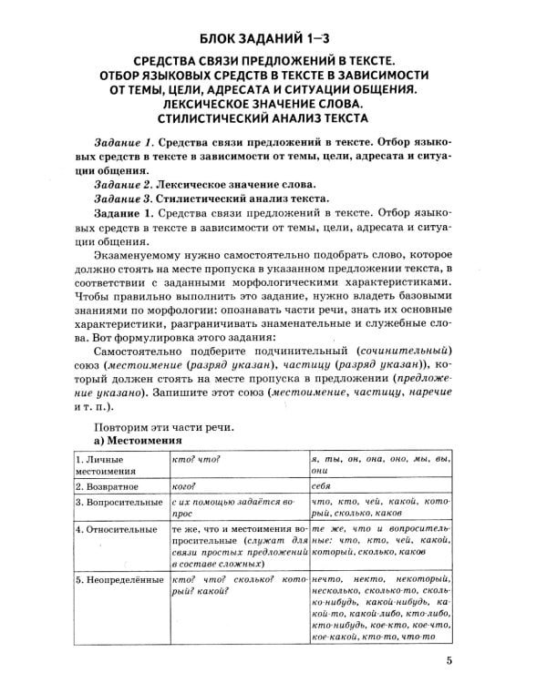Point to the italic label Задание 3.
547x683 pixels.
point(125,198)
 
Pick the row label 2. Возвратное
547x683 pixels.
point(107,487)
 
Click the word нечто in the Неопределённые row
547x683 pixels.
point(328,580)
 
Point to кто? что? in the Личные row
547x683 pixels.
point(198,459)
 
